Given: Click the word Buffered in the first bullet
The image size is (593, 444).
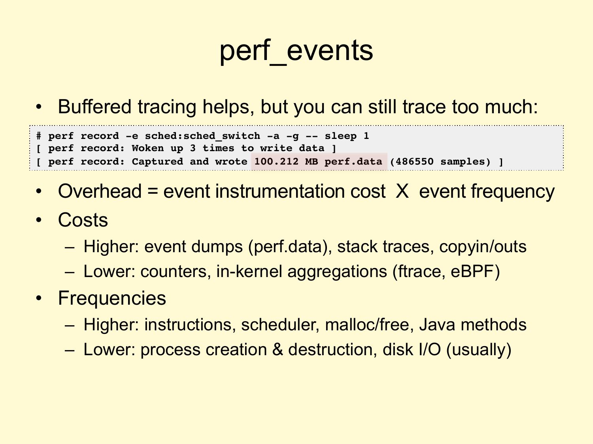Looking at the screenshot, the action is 94,107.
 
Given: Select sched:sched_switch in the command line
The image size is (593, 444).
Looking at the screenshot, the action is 202,136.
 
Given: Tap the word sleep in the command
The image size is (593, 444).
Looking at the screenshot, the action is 340,136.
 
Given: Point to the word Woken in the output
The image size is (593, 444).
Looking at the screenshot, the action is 147,148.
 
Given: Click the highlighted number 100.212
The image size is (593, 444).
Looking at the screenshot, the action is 276,161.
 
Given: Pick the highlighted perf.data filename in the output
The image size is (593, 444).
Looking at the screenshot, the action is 353,161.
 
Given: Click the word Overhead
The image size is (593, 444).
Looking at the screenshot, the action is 100,191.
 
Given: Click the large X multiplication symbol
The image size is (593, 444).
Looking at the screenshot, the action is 402,191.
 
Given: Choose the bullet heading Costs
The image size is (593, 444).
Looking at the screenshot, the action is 83,220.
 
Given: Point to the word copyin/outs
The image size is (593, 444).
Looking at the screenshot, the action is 483,246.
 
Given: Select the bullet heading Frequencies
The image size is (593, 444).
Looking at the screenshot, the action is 112,298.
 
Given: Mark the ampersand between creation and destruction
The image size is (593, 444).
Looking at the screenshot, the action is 278,349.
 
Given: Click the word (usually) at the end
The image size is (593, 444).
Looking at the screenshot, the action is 479,350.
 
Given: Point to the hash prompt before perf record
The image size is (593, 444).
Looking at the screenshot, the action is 39,136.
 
